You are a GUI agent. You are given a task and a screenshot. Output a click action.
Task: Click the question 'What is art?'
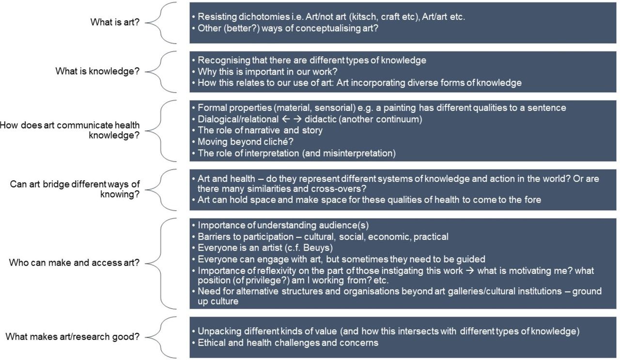tap(115, 22)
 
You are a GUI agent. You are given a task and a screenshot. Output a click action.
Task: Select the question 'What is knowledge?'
tap(97, 71)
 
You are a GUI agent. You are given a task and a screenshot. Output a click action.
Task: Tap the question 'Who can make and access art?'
tap(74, 262)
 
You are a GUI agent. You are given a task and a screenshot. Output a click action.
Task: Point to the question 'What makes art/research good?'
tap(73, 336)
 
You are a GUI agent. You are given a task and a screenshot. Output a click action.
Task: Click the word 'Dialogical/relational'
tap(238, 119)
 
